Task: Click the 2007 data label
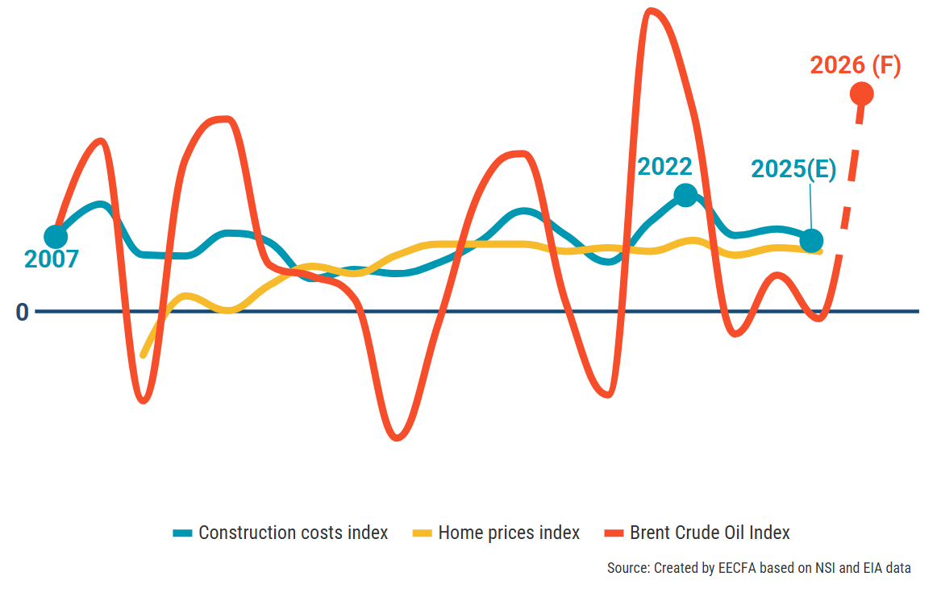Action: pyautogui.click(x=52, y=259)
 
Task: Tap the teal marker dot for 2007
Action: pyautogui.click(x=56, y=237)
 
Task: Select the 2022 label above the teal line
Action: pyautogui.click(x=664, y=167)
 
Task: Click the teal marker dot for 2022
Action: pyautogui.click(x=685, y=195)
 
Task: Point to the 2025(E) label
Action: pyautogui.click(x=793, y=169)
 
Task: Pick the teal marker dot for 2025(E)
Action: pyautogui.click(x=812, y=240)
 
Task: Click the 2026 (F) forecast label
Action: pyautogui.click(x=855, y=66)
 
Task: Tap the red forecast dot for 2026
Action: pyautogui.click(x=862, y=93)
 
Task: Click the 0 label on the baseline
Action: pyautogui.click(x=22, y=312)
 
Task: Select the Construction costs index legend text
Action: pyautogui.click(x=293, y=533)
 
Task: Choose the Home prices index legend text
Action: pyautogui.click(x=509, y=533)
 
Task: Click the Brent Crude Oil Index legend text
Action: pyautogui.click(x=710, y=533)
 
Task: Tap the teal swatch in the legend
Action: pyautogui.click(x=183, y=533)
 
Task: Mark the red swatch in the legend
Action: pyautogui.click(x=614, y=533)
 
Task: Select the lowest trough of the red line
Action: pyautogui.click(x=396, y=438)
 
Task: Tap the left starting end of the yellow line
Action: pyautogui.click(x=143, y=355)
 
